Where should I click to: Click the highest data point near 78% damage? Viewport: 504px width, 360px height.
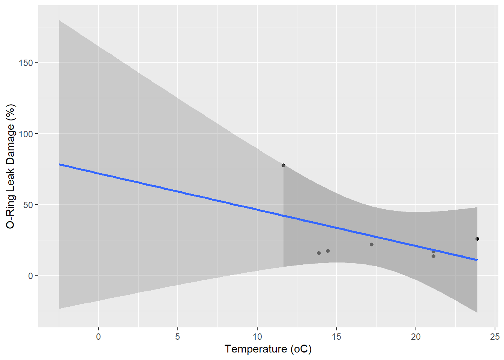click(x=283, y=165)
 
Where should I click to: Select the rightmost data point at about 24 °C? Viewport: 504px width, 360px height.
click(x=477, y=239)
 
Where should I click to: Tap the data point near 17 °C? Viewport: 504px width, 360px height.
click(x=372, y=244)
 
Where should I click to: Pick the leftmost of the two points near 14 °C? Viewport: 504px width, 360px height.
click(x=319, y=253)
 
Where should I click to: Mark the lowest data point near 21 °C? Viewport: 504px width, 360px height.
click(x=433, y=256)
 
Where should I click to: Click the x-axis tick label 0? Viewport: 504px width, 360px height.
click(x=98, y=337)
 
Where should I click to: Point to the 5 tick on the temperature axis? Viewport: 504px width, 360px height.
click(x=177, y=337)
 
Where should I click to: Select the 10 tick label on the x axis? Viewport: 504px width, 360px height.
click(x=257, y=337)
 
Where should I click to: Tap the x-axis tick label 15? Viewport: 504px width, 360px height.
click(x=336, y=337)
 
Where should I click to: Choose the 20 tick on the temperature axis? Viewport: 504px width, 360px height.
click(x=415, y=337)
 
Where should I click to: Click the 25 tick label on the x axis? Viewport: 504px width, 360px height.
click(x=495, y=337)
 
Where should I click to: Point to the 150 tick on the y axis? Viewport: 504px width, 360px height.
click(x=25, y=63)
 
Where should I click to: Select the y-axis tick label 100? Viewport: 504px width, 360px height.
click(x=25, y=134)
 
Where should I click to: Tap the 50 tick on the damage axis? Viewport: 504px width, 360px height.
click(x=28, y=205)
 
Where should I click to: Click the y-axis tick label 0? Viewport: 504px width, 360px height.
click(x=30, y=276)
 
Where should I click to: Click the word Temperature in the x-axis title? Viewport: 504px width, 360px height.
click(x=256, y=349)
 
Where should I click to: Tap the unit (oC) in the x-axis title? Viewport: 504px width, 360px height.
click(x=301, y=349)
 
